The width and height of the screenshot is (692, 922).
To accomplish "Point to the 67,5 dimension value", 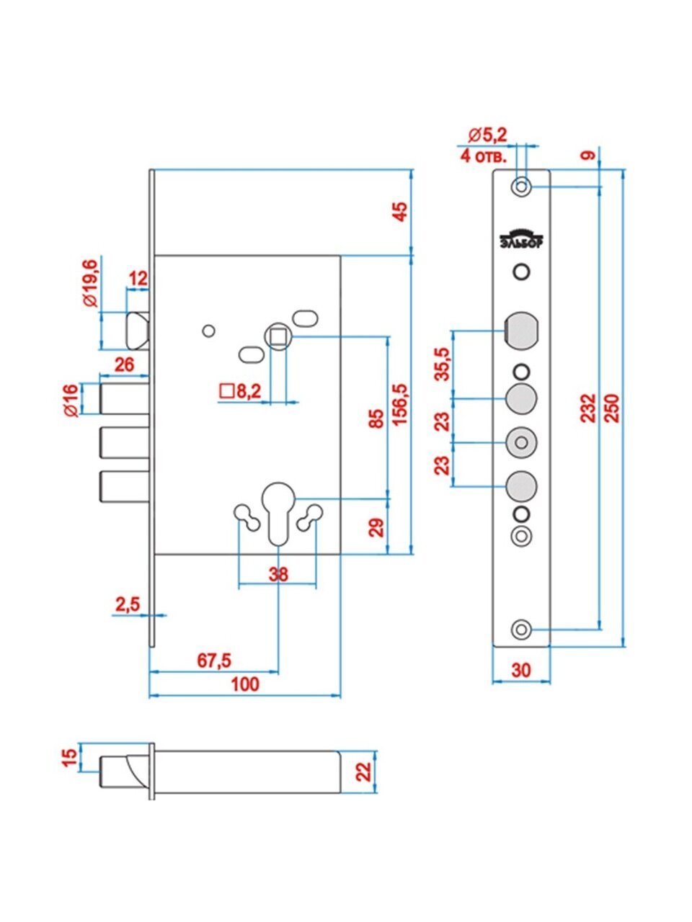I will (x=214, y=661).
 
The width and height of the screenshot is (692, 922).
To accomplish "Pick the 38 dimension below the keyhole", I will (x=278, y=574).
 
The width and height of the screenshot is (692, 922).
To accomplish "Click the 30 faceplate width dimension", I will (x=520, y=670).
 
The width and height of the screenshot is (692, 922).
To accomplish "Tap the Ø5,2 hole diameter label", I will (x=487, y=134).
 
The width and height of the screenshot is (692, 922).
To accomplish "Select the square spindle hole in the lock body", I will (x=278, y=336).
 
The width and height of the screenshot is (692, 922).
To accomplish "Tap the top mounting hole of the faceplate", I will (x=521, y=187).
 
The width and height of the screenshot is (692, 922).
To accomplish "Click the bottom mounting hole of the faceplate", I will (x=521, y=629).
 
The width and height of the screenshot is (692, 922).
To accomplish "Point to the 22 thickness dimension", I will (x=364, y=772).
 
